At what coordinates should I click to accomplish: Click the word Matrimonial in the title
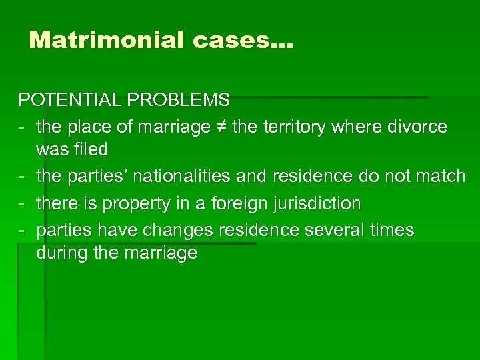(107, 40)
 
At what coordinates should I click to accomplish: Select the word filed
(91, 149)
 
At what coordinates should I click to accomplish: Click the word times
(392, 231)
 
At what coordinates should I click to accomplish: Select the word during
(59, 253)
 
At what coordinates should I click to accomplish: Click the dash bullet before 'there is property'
(22, 203)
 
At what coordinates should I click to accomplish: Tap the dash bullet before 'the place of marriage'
(22, 127)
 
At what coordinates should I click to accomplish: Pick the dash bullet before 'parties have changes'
(22, 231)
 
